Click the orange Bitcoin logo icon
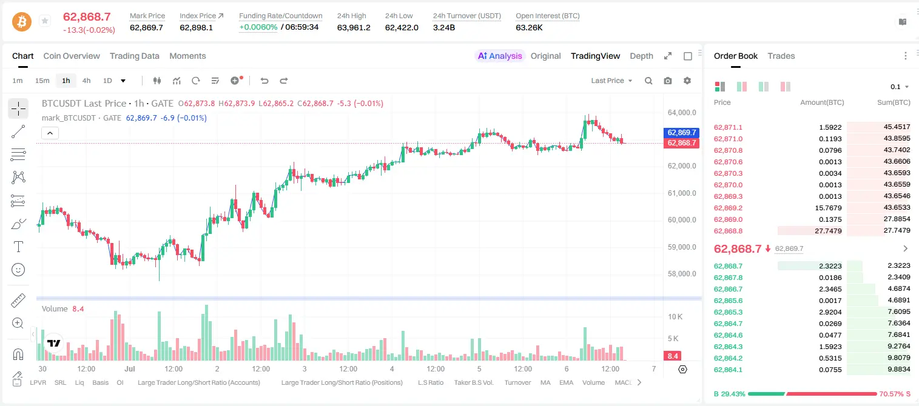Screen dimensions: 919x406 point(22,22)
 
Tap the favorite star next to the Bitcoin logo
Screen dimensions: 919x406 point(45,21)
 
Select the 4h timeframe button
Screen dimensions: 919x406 point(86,81)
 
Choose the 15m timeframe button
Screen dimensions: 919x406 point(42,81)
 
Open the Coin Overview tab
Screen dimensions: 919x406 point(72,56)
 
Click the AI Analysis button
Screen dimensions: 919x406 point(500,56)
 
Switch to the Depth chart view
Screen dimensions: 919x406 point(641,56)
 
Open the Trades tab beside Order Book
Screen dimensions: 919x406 point(781,56)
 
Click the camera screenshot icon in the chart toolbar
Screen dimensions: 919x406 point(668,81)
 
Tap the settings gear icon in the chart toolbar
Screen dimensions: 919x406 point(687,81)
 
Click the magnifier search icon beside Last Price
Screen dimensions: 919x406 point(648,81)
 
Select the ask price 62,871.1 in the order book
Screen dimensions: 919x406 point(728,127)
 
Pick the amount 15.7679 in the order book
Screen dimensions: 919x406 point(828,208)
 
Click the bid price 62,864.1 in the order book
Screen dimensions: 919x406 point(728,370)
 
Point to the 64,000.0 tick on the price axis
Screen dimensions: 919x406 point(682,112)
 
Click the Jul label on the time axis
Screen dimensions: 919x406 point(130,368)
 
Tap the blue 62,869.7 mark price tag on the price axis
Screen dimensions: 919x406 point(681,132)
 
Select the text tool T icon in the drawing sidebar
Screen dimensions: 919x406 point(18,247)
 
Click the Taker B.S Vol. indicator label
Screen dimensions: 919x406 point(473,382)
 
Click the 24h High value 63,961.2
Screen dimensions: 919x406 point(354,27)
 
